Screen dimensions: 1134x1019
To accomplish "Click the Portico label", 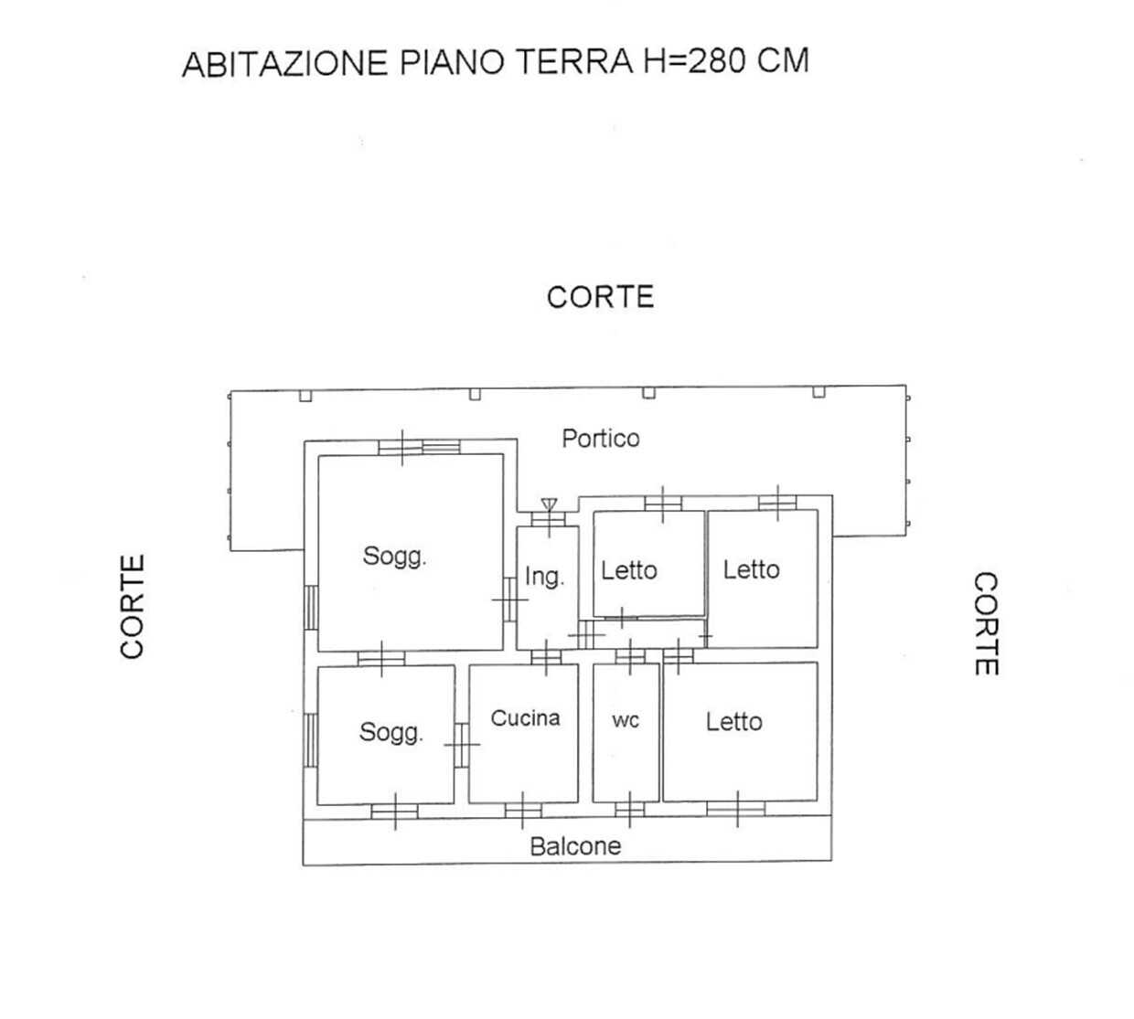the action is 600,439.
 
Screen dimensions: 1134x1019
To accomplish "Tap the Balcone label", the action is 575,846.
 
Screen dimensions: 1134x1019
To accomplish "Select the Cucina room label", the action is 525,718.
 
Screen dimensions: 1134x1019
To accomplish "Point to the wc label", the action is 626,721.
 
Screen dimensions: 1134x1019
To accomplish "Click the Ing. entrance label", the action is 544,577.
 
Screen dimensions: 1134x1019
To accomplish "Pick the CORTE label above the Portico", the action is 600,297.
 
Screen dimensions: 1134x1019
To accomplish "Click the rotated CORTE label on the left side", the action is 133,607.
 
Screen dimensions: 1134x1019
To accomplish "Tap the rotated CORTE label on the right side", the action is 987,624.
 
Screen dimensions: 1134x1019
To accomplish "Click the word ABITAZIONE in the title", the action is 285,63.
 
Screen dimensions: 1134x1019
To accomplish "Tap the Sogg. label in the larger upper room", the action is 394,557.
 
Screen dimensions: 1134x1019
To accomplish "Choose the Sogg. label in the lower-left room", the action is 391,732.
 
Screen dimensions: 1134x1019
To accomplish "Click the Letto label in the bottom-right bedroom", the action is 733,722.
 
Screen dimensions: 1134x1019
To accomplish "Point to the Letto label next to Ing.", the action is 628,571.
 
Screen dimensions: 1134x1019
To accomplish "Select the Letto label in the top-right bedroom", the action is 752,569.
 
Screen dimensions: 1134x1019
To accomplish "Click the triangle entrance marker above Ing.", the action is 549,504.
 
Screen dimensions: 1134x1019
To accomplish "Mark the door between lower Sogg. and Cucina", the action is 462,745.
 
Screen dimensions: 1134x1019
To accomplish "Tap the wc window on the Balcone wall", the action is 630,810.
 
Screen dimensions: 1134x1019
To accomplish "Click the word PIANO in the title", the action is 452,62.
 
